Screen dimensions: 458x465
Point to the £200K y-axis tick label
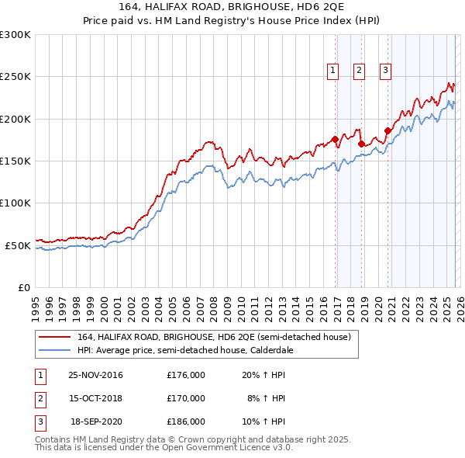point(15,119)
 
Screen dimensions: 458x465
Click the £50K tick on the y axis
point(19,245)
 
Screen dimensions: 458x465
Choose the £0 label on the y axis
point(25,287)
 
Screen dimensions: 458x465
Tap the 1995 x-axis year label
point(35,304)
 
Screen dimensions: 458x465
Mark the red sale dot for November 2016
point(335,139)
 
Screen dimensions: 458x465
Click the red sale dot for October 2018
point(361,144)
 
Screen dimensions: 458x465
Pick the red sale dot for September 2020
point(387,130)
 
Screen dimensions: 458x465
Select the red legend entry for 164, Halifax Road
point(214,337)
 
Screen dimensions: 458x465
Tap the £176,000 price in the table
point(186,375)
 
